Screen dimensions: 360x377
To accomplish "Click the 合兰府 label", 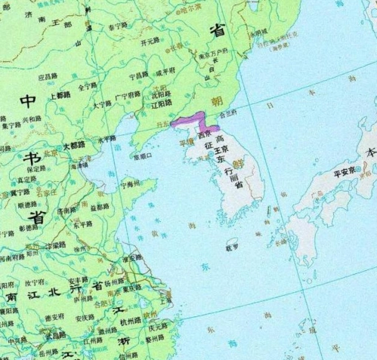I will [228, 115].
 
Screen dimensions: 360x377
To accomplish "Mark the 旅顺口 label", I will [143, 157].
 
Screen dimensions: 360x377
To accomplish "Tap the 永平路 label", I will [107, 140].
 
